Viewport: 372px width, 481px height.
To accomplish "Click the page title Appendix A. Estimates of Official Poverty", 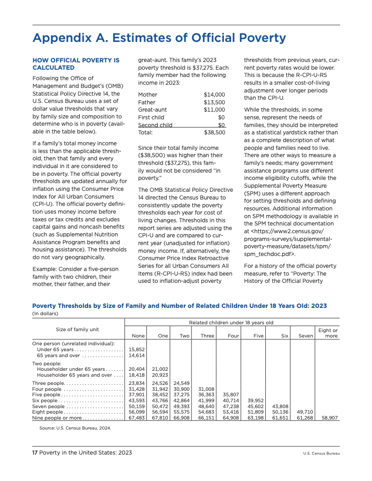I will click(x=159, y=38).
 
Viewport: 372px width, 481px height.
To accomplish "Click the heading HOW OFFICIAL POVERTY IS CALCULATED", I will click(x=76, y=64).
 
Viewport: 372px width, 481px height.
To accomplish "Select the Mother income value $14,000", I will click(x=214, y=95).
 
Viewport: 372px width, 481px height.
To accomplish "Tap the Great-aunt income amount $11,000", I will click(x=214, y=110).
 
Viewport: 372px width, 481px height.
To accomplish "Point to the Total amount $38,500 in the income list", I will click(x=214, y=133).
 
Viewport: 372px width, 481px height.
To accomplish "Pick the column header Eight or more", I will click(x=328, y=333).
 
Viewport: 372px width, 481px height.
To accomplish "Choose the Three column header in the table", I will click(x=207, y=336).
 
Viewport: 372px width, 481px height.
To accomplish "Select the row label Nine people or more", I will click(x=57, y=417).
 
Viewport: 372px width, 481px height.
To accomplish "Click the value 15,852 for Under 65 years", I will click(x=137, y=349).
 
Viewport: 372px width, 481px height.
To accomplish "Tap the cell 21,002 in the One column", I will click(x=160, y=369).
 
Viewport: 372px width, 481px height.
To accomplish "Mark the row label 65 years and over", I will click(x=59, y=355).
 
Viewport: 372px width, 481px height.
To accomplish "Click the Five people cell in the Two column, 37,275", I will click(x=182, y=394).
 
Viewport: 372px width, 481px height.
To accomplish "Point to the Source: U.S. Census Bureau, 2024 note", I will click(x=75, y=428).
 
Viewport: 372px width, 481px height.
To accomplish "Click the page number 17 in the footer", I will click(x=35, y=453).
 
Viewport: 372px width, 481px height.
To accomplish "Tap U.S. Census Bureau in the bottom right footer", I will click(x=321, y=453).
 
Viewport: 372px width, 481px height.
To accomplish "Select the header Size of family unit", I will click(x=77, y=329).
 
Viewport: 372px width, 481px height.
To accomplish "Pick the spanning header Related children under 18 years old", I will click(x=231, y=322).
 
